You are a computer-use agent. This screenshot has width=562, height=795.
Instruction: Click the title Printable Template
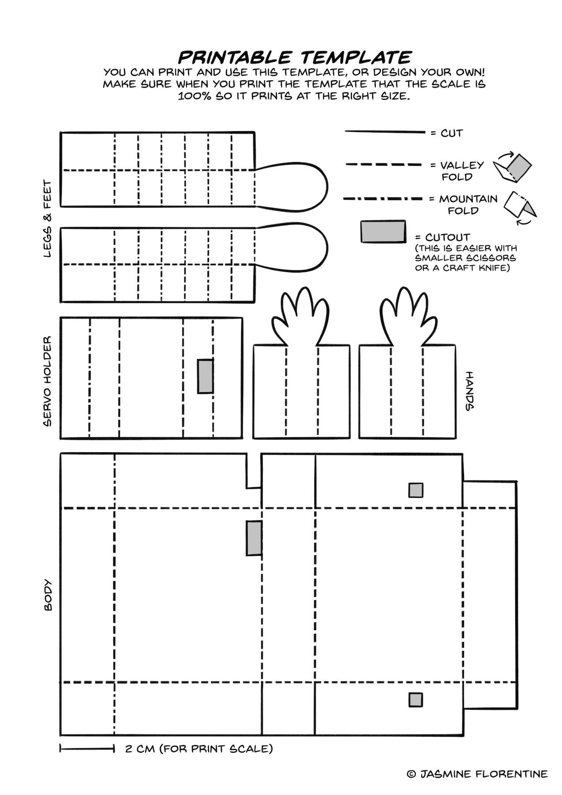pos(294,57)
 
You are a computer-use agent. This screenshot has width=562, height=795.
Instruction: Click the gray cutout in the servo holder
pos(205,376)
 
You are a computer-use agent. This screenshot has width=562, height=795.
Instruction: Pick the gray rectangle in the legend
pos(383,231)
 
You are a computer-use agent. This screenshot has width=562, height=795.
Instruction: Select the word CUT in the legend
pos(452,133)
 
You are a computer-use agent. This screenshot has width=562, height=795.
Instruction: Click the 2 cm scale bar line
pos(87,749)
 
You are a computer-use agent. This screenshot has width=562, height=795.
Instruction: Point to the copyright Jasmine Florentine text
pos(477,773)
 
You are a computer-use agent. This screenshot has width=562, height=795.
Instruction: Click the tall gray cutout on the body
pos(254,538)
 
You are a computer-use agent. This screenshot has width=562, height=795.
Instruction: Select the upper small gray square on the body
pos(415,490)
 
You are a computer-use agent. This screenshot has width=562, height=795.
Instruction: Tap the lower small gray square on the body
pos(415,700)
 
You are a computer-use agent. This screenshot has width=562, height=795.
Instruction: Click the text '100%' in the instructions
pos(193,96)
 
